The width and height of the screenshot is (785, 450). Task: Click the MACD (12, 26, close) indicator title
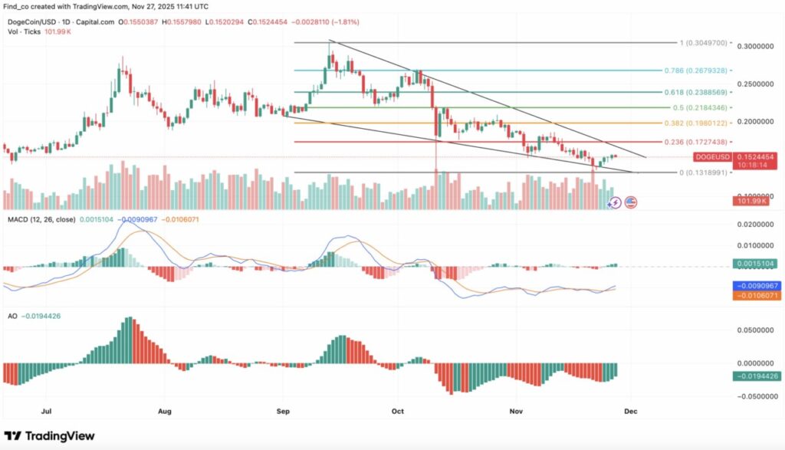pos(36,219)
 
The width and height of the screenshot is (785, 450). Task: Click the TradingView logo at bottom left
pos(51,436)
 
